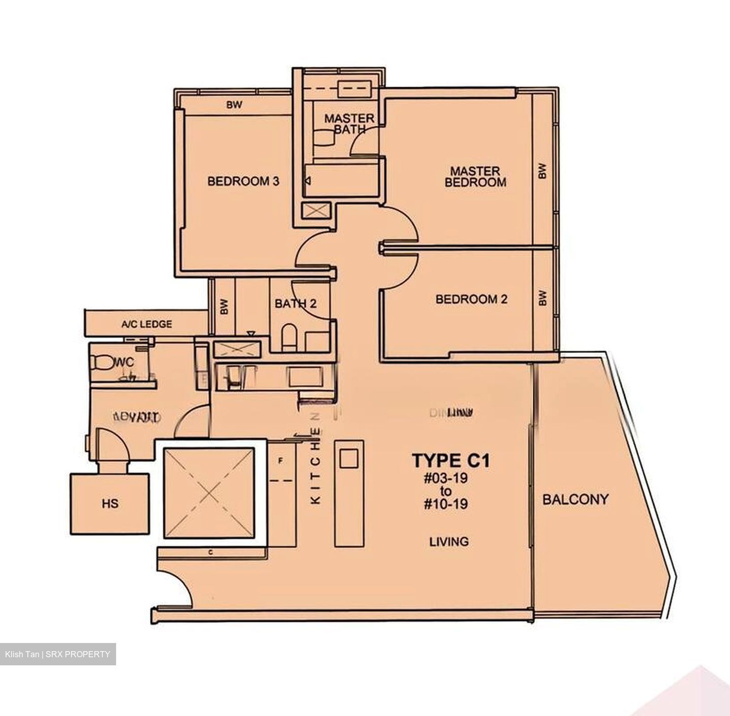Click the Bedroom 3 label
pyautogui.click(x=243, y=181)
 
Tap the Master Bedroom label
pyautogui.click(x=475, y=176)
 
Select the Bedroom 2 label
pyautogui.click(x=471, y=299)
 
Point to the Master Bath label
pyautogui.click(x=349, y=124)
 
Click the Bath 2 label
pyautogui.click(x=296, y=304)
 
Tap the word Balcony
pyautogui.click(x=575, y=500)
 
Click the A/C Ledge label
pyautogui.click(x=147, y=324)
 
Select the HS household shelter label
pyautogui.click(x=110, y=503)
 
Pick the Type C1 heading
pyautogui.click(x=450, y=461)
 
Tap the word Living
pyautogui.click(x=449, y=542)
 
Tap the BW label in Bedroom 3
pyautogui.click(x=234, y=105)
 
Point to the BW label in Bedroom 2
pyautogui.click(x=542, y=297)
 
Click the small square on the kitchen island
pyautogui.click(x=348, y=459)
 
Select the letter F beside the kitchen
pyautogui.click(x=280, y=461)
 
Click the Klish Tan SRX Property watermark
pyautogui.click(x=58, y=654)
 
